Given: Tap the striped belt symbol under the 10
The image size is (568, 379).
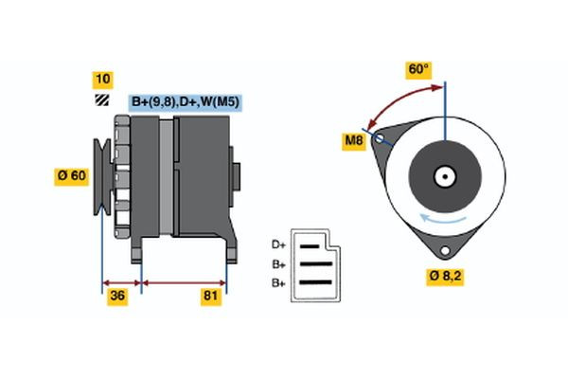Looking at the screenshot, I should click(x=100, y=100).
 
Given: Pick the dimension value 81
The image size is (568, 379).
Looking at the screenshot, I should click(x=211, y=297).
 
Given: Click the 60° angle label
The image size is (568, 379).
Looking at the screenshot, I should click(x=417, y=69).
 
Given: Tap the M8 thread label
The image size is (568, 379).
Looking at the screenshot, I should click(x=354, y=143).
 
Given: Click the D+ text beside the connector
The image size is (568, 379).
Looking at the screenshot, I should click(x=278, y=244).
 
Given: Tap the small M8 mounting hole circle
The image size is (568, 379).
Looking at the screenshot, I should click(x=381, y=138).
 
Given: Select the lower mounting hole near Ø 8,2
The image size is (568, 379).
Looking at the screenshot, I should click(x=441, y=250).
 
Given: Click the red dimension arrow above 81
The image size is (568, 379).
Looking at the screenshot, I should click(x=184, y=281).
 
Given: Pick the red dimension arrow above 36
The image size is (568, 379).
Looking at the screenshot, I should click(x=121, y=281).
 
